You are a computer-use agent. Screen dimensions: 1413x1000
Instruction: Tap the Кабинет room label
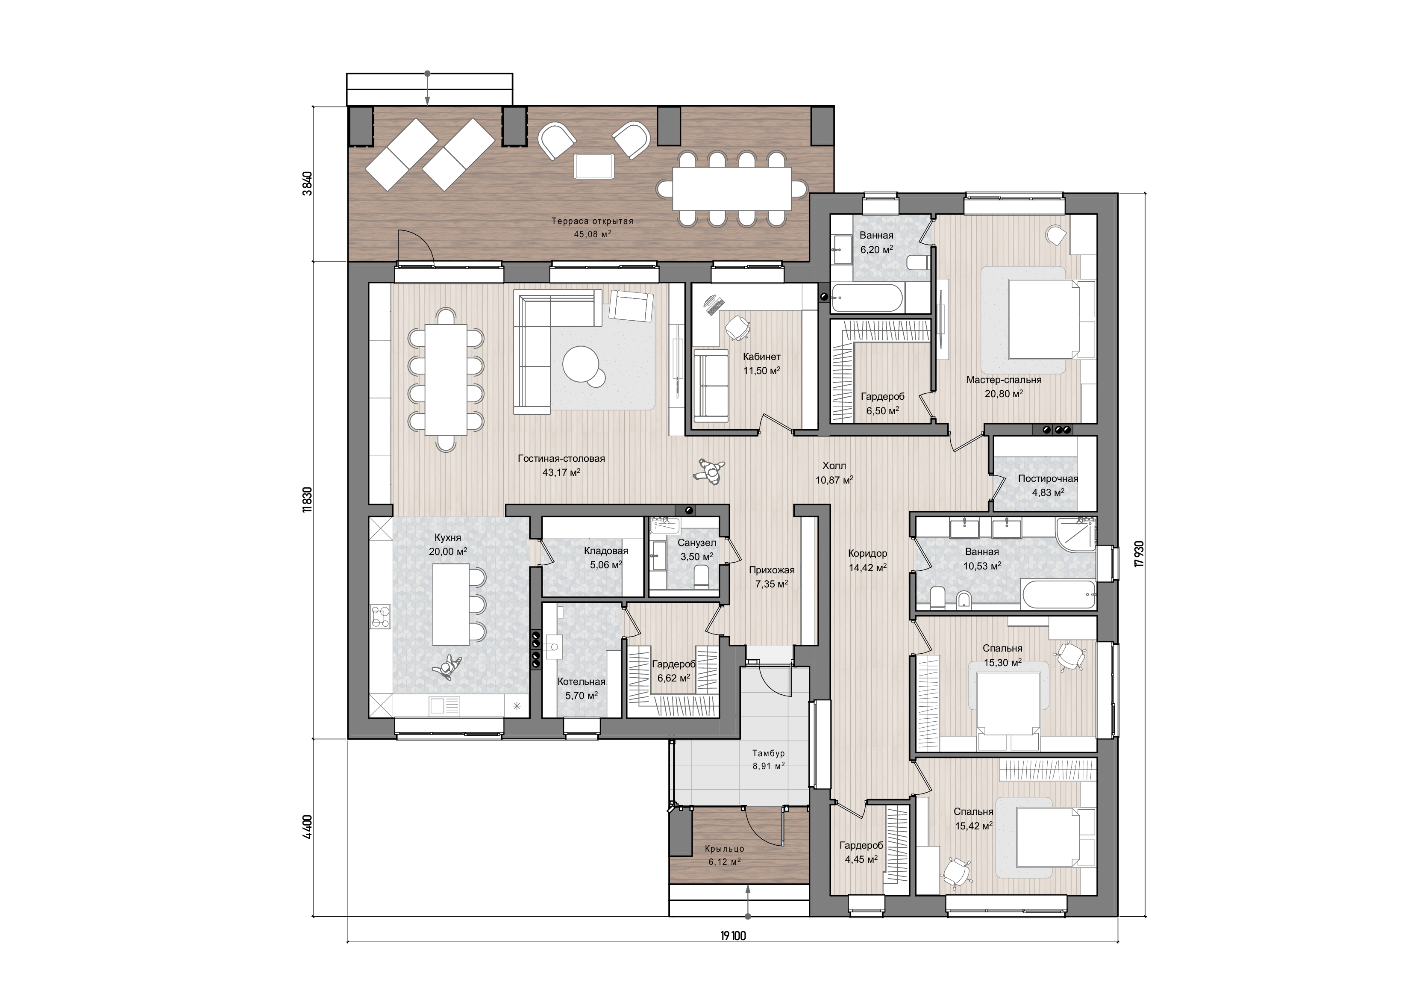click(x=762, y=357)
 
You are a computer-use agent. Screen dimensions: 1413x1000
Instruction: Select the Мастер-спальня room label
click(x=1004, y=380)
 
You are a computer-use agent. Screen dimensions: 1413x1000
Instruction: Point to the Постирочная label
click(x=1048, y=478)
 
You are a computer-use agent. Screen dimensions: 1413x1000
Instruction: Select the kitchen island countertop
click(x=451, y=604)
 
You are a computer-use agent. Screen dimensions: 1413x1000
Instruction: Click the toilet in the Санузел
click(x=702, y=577)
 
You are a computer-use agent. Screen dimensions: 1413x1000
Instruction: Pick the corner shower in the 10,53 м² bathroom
click(x=1076, y=533)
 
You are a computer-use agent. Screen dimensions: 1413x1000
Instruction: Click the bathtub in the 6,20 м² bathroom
click(x=867, y=298)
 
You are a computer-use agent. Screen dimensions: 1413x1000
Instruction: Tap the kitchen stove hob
click(x=382, y=616)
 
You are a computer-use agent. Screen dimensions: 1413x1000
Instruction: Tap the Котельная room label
click(x=582, y=681)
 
